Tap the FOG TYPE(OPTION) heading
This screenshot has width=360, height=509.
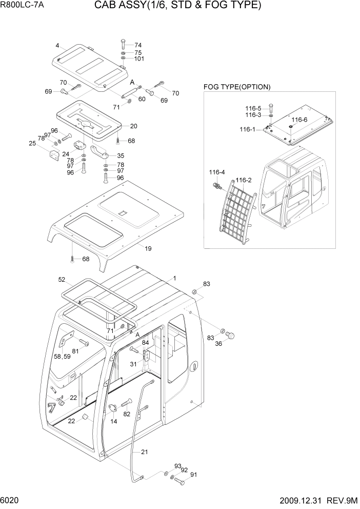[x=237, y=87]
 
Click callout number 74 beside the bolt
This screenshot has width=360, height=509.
[x=138, y=45]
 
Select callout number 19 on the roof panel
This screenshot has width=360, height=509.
[x=148, y=248]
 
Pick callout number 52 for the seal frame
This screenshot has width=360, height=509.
[x=62, y=280]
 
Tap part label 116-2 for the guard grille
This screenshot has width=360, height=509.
[x=244, y=180]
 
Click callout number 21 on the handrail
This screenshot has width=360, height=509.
[x=144, y=452]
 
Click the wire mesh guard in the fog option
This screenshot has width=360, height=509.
[x=238, y=210]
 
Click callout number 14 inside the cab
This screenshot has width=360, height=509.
[x=113, y=421]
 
